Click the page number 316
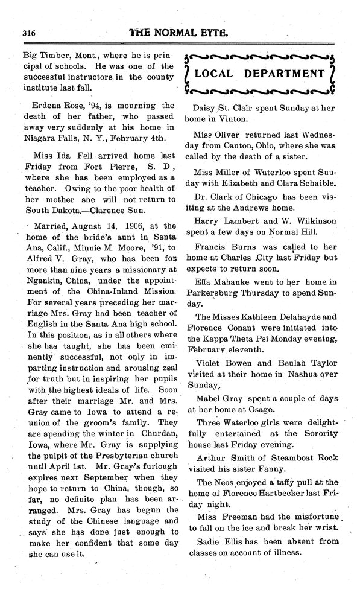[x=29, y=33]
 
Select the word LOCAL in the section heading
[x=223, y=74]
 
